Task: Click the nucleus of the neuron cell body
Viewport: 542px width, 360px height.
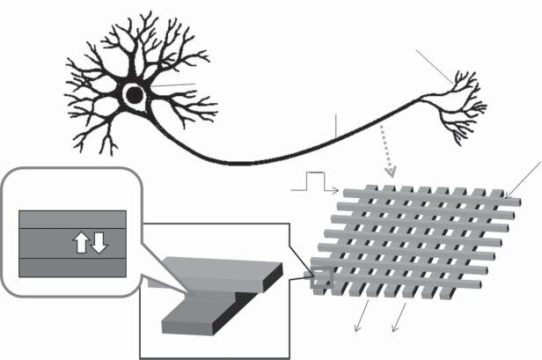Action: click(x=134, y=95)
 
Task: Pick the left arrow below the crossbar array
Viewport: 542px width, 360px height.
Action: click(x=361, y=320)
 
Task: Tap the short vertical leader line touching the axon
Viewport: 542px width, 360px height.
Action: click(x=335, y=125)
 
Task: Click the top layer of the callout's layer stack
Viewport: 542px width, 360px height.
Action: click(x=72, y=219)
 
